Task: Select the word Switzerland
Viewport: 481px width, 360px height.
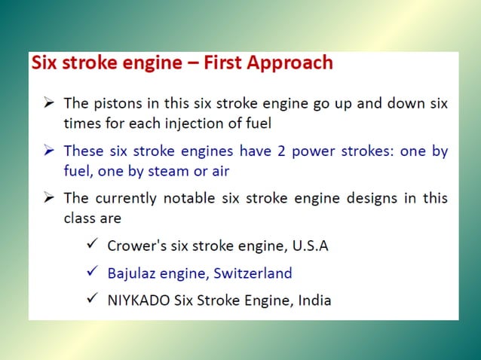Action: (252, 273)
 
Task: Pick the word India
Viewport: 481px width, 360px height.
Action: (314, 300)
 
